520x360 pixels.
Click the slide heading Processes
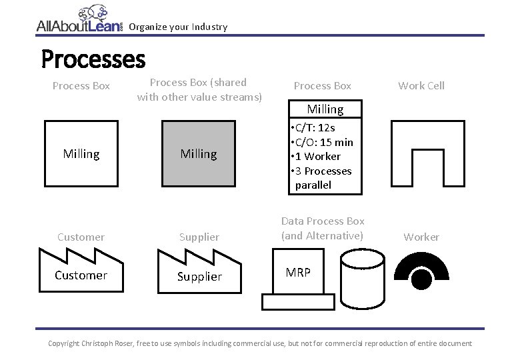(x=93, y=59)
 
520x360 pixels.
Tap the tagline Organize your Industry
(x=178, y=27)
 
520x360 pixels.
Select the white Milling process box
(x=81, y=154)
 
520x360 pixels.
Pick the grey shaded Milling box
(x=199, y=154)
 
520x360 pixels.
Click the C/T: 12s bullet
(x=314, y=127)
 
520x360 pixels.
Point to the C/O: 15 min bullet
(x=323, y=142)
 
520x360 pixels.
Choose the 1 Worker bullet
(x=316, y=156)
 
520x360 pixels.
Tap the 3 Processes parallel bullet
(x=321, y=177)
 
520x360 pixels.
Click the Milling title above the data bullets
(x=325, y=109)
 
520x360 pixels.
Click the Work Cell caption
(x=421, y=85)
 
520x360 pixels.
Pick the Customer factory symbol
(x=81, y=271)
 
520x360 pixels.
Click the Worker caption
(x=421, y=237)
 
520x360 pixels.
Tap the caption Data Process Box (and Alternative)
(x=323, y=228)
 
